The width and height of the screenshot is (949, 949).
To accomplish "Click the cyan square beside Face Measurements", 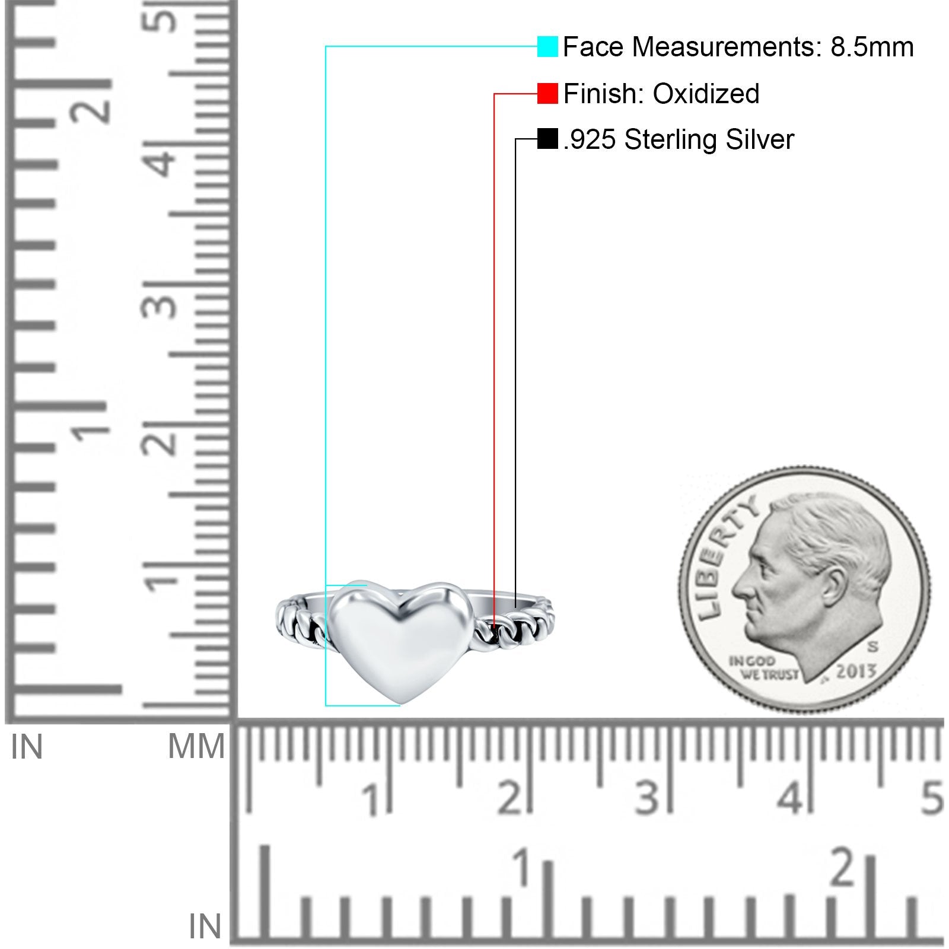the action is click(x=547, y=46).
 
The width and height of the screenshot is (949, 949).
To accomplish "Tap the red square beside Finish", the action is click(x=547, y=94).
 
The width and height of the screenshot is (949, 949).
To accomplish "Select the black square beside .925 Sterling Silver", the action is click(x=547, y=139).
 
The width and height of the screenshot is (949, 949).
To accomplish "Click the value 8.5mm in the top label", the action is click(x=872, y=47).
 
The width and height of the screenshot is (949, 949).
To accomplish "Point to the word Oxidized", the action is click(x=706, y=94).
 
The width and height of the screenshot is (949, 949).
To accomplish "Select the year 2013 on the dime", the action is click(x=856, y=671).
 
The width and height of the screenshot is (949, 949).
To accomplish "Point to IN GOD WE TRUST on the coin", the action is click(x=763, y=667).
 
